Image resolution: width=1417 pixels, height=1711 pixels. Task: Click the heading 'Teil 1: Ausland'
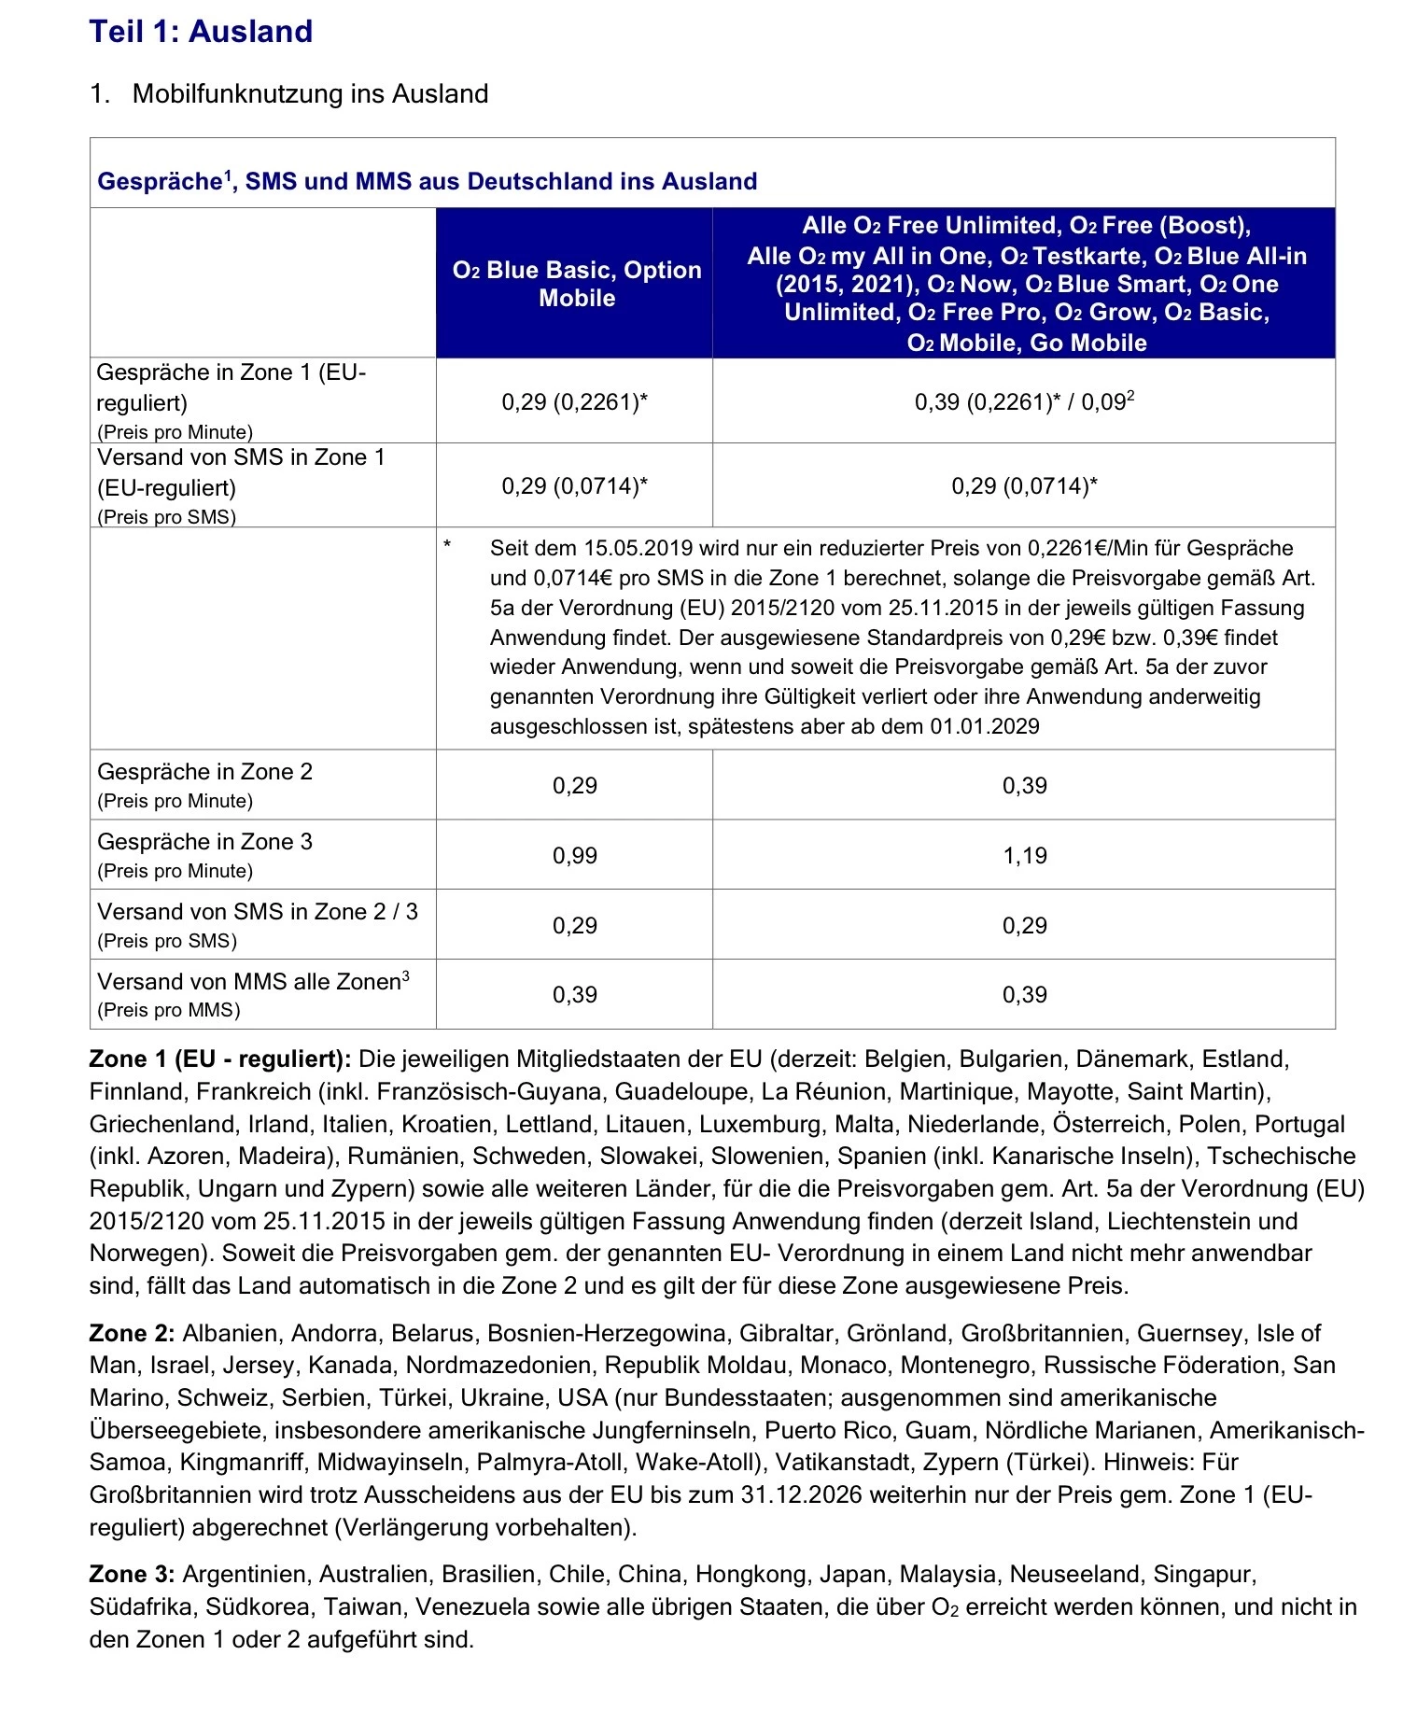coord(201,32)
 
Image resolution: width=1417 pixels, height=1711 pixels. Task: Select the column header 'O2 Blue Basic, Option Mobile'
coord(576,284)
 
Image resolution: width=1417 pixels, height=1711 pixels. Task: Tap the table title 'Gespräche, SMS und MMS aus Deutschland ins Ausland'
coord(427,181)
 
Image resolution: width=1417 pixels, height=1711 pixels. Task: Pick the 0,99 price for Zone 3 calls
coord(574,855)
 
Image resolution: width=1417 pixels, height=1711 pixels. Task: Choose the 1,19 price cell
coord(1024,855)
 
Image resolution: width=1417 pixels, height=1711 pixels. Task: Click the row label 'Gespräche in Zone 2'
coord(204,772)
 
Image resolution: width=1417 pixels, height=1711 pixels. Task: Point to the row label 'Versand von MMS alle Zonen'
coord(252,981)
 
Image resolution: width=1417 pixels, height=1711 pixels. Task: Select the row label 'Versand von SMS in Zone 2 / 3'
coord(258,911)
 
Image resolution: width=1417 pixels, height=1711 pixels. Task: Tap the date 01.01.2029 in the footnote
coord(985,726)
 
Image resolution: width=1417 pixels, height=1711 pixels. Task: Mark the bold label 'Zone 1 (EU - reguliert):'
coord(220,1059)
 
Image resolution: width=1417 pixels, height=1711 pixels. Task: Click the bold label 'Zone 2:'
coord(132,1333)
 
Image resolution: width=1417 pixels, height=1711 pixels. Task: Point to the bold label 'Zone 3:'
coord(132,1574)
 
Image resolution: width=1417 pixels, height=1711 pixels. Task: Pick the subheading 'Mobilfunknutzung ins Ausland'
coord(310,93)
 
